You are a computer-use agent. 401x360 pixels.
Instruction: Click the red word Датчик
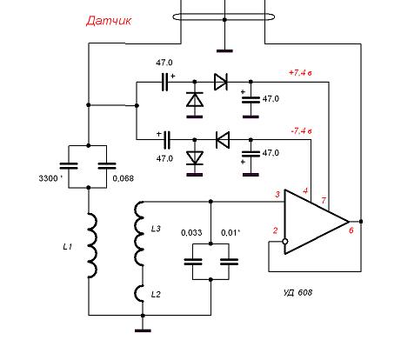(109, 21)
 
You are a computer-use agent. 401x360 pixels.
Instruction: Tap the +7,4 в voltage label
(300, 72)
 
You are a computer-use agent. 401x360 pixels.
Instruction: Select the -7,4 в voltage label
(301, 131)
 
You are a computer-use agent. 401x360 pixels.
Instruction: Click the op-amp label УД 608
(297, 292)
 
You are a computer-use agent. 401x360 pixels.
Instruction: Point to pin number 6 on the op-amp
(351, 230)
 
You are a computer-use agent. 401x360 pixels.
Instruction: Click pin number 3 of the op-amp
(277, 194)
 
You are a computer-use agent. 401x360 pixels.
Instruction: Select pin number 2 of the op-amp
(275, 230)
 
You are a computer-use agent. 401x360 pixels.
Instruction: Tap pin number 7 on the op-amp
(324, 200)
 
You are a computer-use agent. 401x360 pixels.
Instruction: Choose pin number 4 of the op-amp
(305, 191)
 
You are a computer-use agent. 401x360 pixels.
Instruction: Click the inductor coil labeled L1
(93, 245)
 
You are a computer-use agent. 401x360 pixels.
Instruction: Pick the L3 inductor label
(156, 229)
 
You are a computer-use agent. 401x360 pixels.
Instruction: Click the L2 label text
(156, 295)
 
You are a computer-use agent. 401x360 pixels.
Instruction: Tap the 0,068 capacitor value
(124, 178)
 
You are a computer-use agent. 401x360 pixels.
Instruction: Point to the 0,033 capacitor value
(191, 232)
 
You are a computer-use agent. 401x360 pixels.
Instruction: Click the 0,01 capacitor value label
(230, 232)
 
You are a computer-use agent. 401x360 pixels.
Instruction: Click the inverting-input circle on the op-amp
(285, 242)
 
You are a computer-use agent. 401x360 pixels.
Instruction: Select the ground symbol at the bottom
(143, 330)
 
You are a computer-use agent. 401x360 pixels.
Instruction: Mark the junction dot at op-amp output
(361, 222)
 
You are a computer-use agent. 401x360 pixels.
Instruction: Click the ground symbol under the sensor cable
(224, 51)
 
